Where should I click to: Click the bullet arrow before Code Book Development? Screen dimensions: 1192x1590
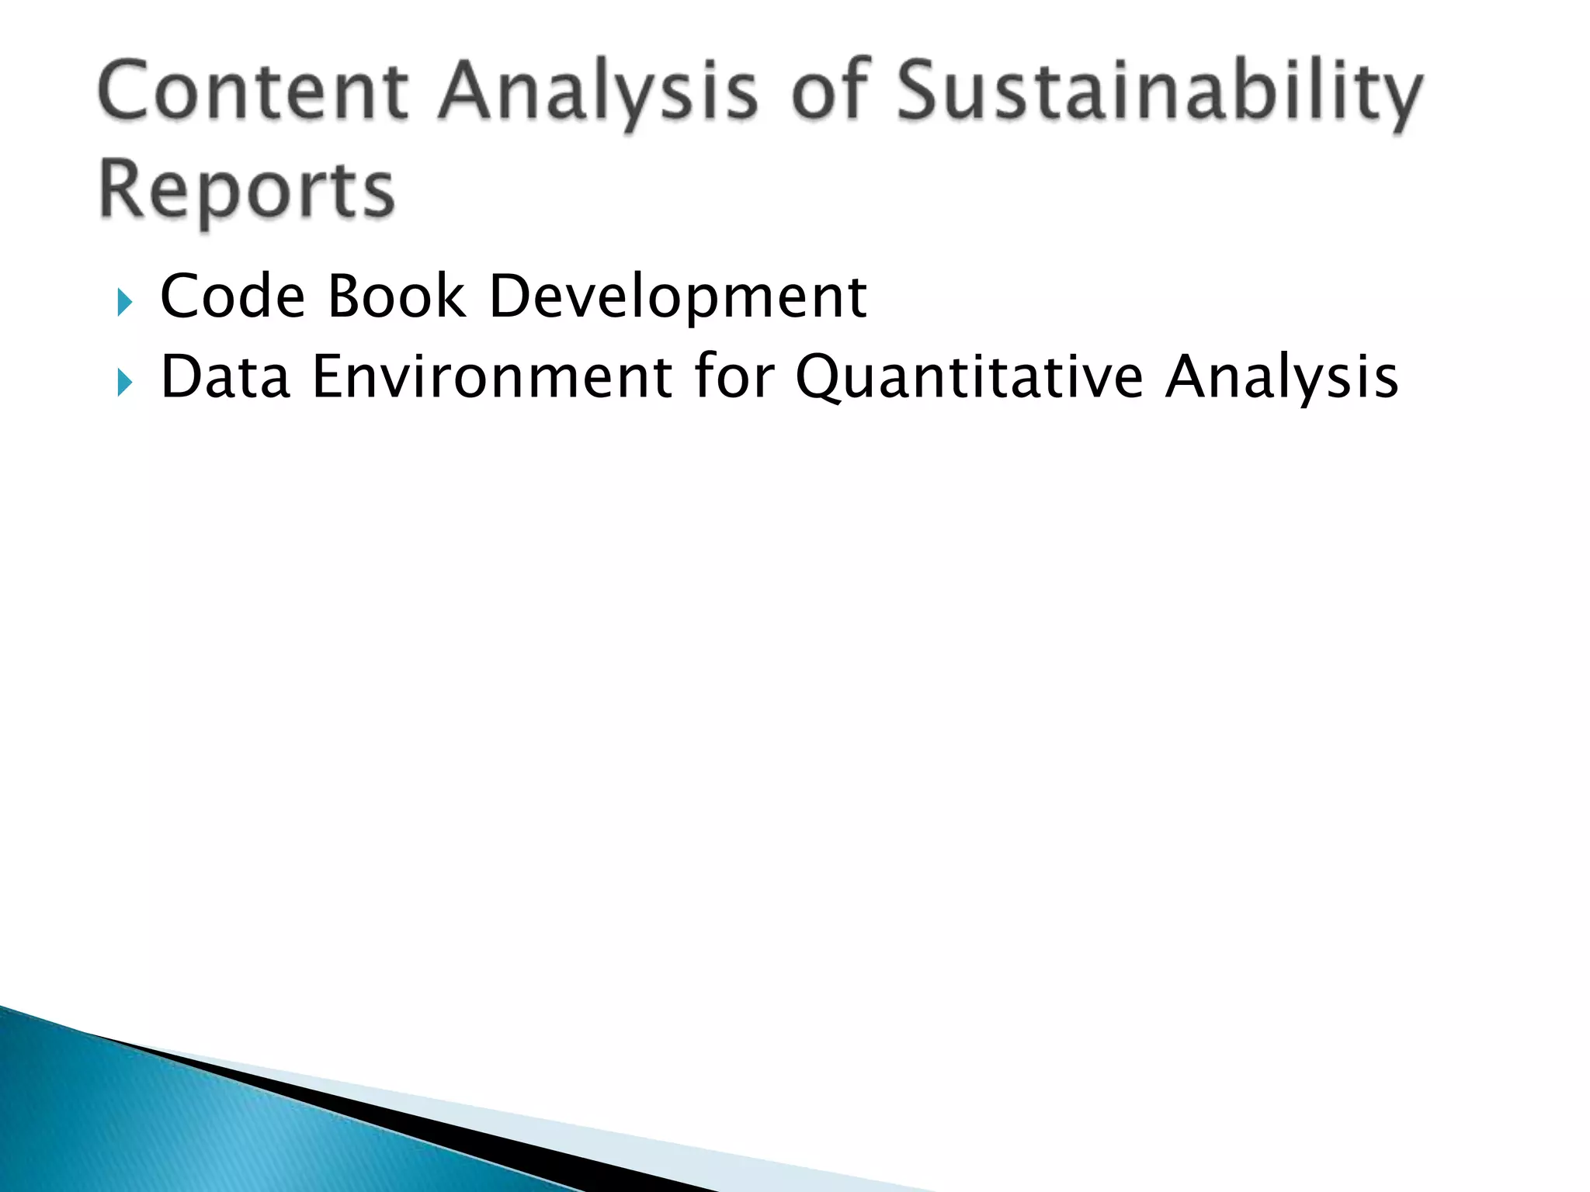(x=124, y=302)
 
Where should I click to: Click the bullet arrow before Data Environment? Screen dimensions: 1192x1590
(x=124, y=382)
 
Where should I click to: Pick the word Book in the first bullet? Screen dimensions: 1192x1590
(x=397, y=296)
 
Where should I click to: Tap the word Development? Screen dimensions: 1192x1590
(x=677, y=298)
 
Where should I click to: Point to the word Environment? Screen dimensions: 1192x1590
(x=492, y=377)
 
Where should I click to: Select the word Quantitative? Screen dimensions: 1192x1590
(x=969, y=379)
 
